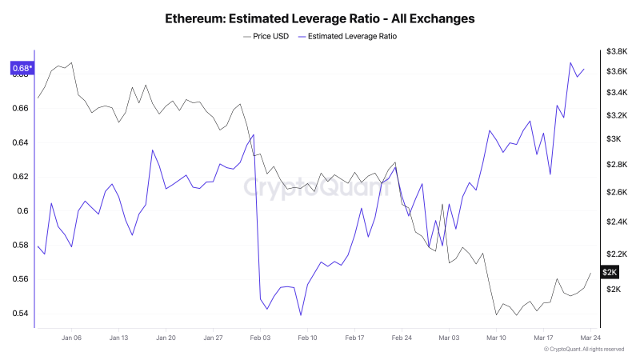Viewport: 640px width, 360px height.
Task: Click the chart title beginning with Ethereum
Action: (x=319, y=17)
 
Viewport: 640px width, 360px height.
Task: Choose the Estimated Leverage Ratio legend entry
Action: (x=346, y=36)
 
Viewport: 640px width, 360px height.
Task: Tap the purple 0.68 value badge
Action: (x=22, y=68)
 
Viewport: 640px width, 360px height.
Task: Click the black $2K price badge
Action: (x=610, y=273)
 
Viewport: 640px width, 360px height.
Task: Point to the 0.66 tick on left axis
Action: (x=21, y=108)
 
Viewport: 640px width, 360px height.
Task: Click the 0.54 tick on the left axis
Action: (x=21, y=314)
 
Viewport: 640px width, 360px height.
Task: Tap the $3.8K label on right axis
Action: (x=616, y=51)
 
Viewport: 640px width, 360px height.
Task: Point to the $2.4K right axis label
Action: (x=616, y=222)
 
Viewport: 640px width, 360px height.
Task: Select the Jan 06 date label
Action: (x=71, y=338)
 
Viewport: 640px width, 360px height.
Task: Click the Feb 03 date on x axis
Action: (x=260, y=338)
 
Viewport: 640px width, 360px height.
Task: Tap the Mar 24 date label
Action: (x=590, y=338)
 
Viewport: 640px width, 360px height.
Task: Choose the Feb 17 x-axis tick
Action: (x=354, y=338)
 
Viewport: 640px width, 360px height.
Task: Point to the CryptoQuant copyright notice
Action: (x=583, y=350)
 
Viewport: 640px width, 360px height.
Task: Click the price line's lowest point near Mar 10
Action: (x=496, y=315)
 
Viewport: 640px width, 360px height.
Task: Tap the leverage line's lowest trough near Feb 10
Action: (x=301, y=315)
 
